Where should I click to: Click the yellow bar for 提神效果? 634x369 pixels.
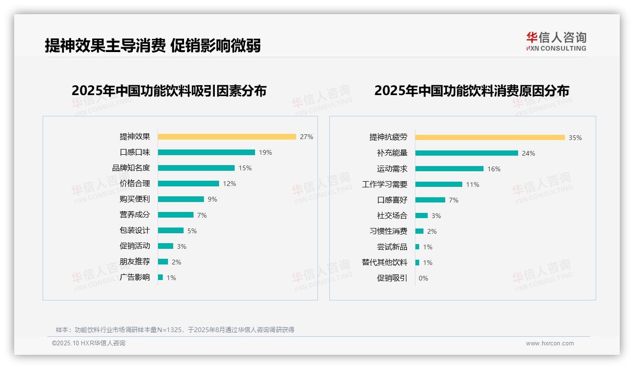click(x=227, y=137)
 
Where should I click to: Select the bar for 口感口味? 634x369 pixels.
click(x=206, y=152)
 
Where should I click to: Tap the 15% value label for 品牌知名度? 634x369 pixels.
click(x=245, y=168)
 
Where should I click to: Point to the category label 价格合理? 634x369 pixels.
click(x=135, y=184)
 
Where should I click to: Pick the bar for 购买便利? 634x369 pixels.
click(x=181, y=199)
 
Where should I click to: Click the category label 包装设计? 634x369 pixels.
click(x=135, y=230)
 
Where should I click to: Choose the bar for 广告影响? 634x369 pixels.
click(x=160, y=277)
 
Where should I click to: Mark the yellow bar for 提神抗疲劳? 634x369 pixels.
click(x=490, y=138)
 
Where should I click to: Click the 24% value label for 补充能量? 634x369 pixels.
click(x=528, y=153)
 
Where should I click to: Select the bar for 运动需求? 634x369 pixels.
click(x=449, y=169)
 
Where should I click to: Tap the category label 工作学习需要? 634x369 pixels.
click(x=385, y=184)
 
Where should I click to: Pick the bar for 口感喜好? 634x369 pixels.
click(x=430, y=200)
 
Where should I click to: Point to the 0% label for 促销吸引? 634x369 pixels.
click(x=423, y=278)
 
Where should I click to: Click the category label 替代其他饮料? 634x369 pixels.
click(x=385, y=263)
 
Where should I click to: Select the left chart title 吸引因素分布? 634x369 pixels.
click(x=169, y=90)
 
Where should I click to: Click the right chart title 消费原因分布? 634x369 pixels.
click(x=471, y=90)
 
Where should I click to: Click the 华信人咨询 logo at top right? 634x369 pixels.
click(x=556, y=41)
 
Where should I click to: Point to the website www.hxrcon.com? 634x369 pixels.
click(x=550, y=343)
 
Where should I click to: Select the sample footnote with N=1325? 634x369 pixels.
click(x=175, y=330)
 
